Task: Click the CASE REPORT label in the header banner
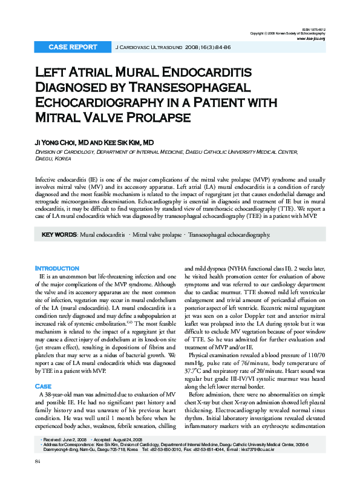click(72, 47)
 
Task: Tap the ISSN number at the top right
click(314, 28)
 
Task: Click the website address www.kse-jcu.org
click(311, 39)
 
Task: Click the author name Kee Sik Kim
click(129, 142)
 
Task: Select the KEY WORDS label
click(59, 234)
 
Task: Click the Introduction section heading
click(57, 268)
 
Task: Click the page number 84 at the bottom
click(38, 462)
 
